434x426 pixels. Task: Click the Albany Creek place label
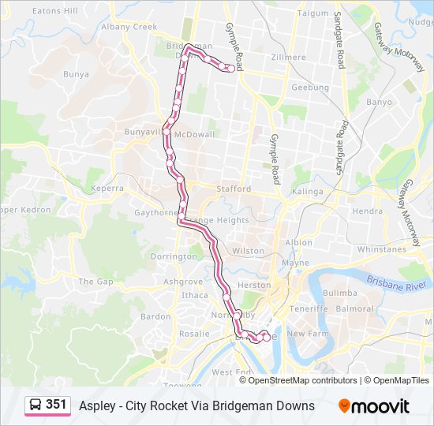(x=129, y=26)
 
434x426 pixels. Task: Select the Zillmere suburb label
(x=287, y=58)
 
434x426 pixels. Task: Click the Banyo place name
(x=379, y=102)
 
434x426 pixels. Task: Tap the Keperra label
(x=107, y=189)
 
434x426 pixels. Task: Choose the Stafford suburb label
(x=234, y=189)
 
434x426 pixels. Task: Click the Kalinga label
(x=307, y=192)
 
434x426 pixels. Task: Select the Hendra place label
(x=367, y=211)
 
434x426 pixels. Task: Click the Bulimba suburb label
(x=340, y=292)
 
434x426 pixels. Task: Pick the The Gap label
(x=95, y=281)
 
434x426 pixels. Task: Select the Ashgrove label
(x=184, y=281)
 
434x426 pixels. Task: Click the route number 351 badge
(x=56, y=405)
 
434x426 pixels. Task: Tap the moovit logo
(x=374, y=406)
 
